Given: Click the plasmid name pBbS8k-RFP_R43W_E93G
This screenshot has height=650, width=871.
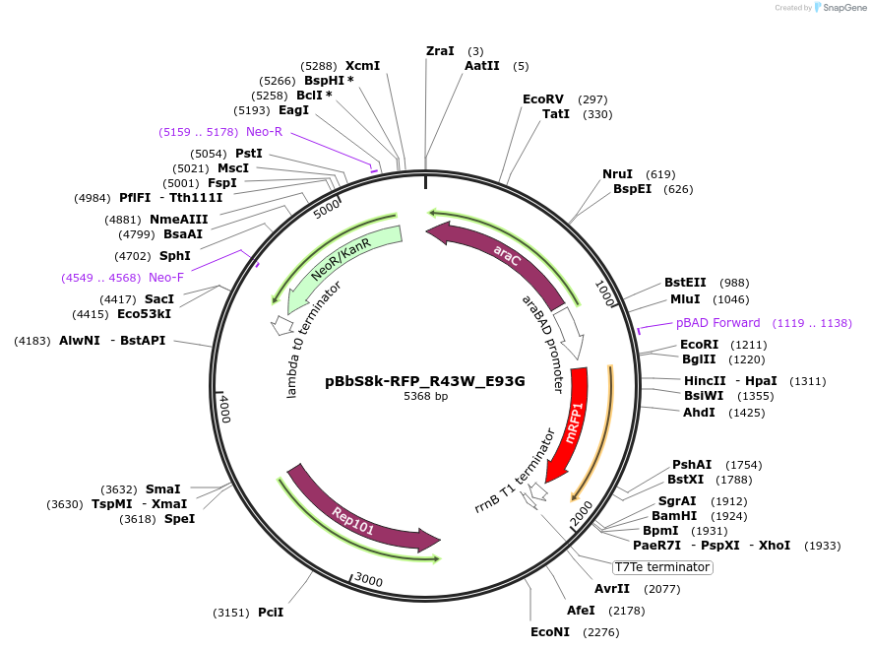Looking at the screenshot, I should [425, 381].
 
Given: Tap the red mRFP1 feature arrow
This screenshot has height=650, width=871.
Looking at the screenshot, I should [568, 423].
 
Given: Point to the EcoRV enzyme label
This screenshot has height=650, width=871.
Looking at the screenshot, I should [543, 99].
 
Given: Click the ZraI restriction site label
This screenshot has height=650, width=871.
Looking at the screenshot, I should [440, 50].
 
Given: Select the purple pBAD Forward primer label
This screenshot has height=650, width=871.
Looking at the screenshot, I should [717, 323].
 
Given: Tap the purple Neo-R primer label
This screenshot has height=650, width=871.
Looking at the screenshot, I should [264, 132].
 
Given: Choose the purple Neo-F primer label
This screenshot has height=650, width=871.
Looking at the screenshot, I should [166, 278].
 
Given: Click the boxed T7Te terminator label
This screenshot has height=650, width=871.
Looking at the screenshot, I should [661, 567].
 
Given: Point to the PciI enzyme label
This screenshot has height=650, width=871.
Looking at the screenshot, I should [271, 613].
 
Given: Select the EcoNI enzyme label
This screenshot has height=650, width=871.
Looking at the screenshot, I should [550, 632].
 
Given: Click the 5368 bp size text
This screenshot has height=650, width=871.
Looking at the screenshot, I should [425, 397].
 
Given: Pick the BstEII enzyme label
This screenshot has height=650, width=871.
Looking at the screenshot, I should [686, 283].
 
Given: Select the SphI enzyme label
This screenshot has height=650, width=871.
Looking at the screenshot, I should [175, 255].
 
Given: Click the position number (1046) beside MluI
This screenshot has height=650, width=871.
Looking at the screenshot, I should [731, 299].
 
